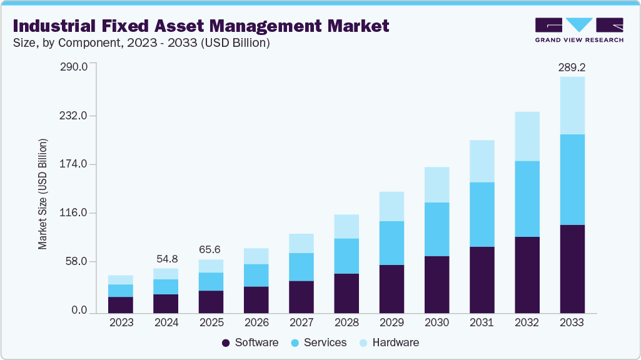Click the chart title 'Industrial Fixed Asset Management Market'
point(201,26)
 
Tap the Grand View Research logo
point(579,30)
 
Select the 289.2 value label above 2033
point(572,67)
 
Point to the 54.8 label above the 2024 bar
point(166,258)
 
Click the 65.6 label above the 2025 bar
point(211,249)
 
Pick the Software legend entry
point(250,342)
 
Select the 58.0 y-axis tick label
point(77,262)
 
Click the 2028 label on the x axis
point(346,323)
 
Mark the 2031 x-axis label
point(482,323)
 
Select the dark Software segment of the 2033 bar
point(572,269)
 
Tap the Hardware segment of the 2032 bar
point(527,136)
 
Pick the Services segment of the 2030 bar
point(437,229)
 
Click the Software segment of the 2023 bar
point(121,304)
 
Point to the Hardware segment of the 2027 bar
point(301,243)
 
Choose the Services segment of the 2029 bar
point(391,243)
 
